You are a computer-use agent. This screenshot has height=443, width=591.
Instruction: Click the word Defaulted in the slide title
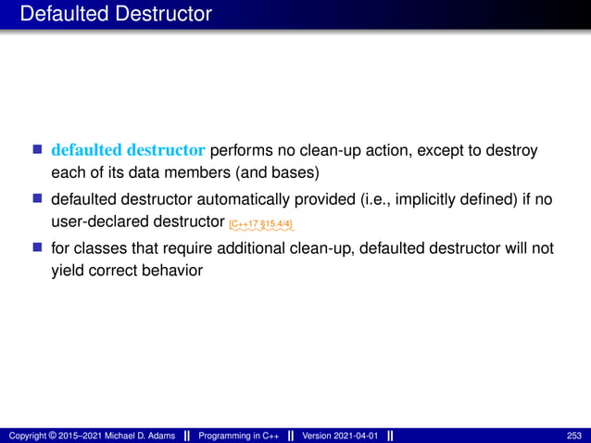(x=62, y=14)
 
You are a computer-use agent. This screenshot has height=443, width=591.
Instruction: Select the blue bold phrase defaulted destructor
(x=130, y=150)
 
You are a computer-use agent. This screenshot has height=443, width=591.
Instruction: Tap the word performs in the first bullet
(x=244, y=150)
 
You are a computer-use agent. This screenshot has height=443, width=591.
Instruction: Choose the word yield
(x=68, y=272)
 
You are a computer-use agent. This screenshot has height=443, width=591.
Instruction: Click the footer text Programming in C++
(x=236, y=435)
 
